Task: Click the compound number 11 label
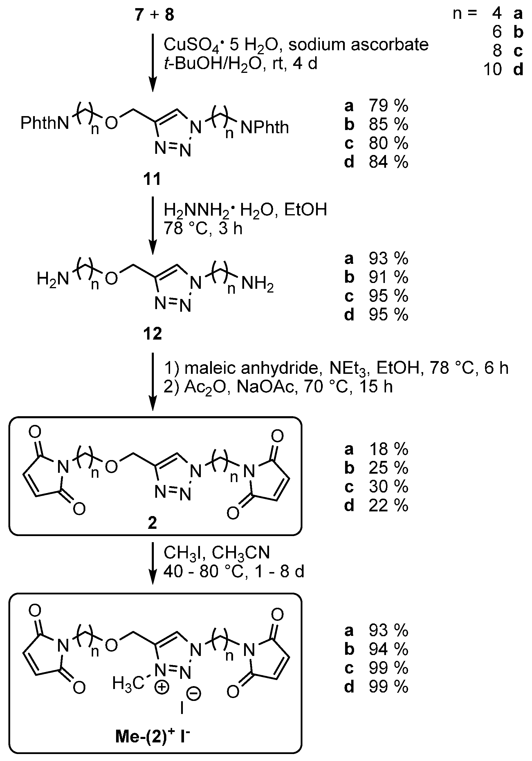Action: coord(152,179)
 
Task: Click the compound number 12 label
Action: coord(152,333)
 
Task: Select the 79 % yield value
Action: coord(388,106)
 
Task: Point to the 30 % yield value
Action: coord(388,486)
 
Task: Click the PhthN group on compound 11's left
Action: coord(45,123)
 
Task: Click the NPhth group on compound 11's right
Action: coord(264,128)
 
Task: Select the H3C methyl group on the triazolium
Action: coord(128,684)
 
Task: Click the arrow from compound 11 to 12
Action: coord(153,226)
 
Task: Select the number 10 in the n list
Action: coord(493,70)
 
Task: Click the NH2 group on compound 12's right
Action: coord(257,284)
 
